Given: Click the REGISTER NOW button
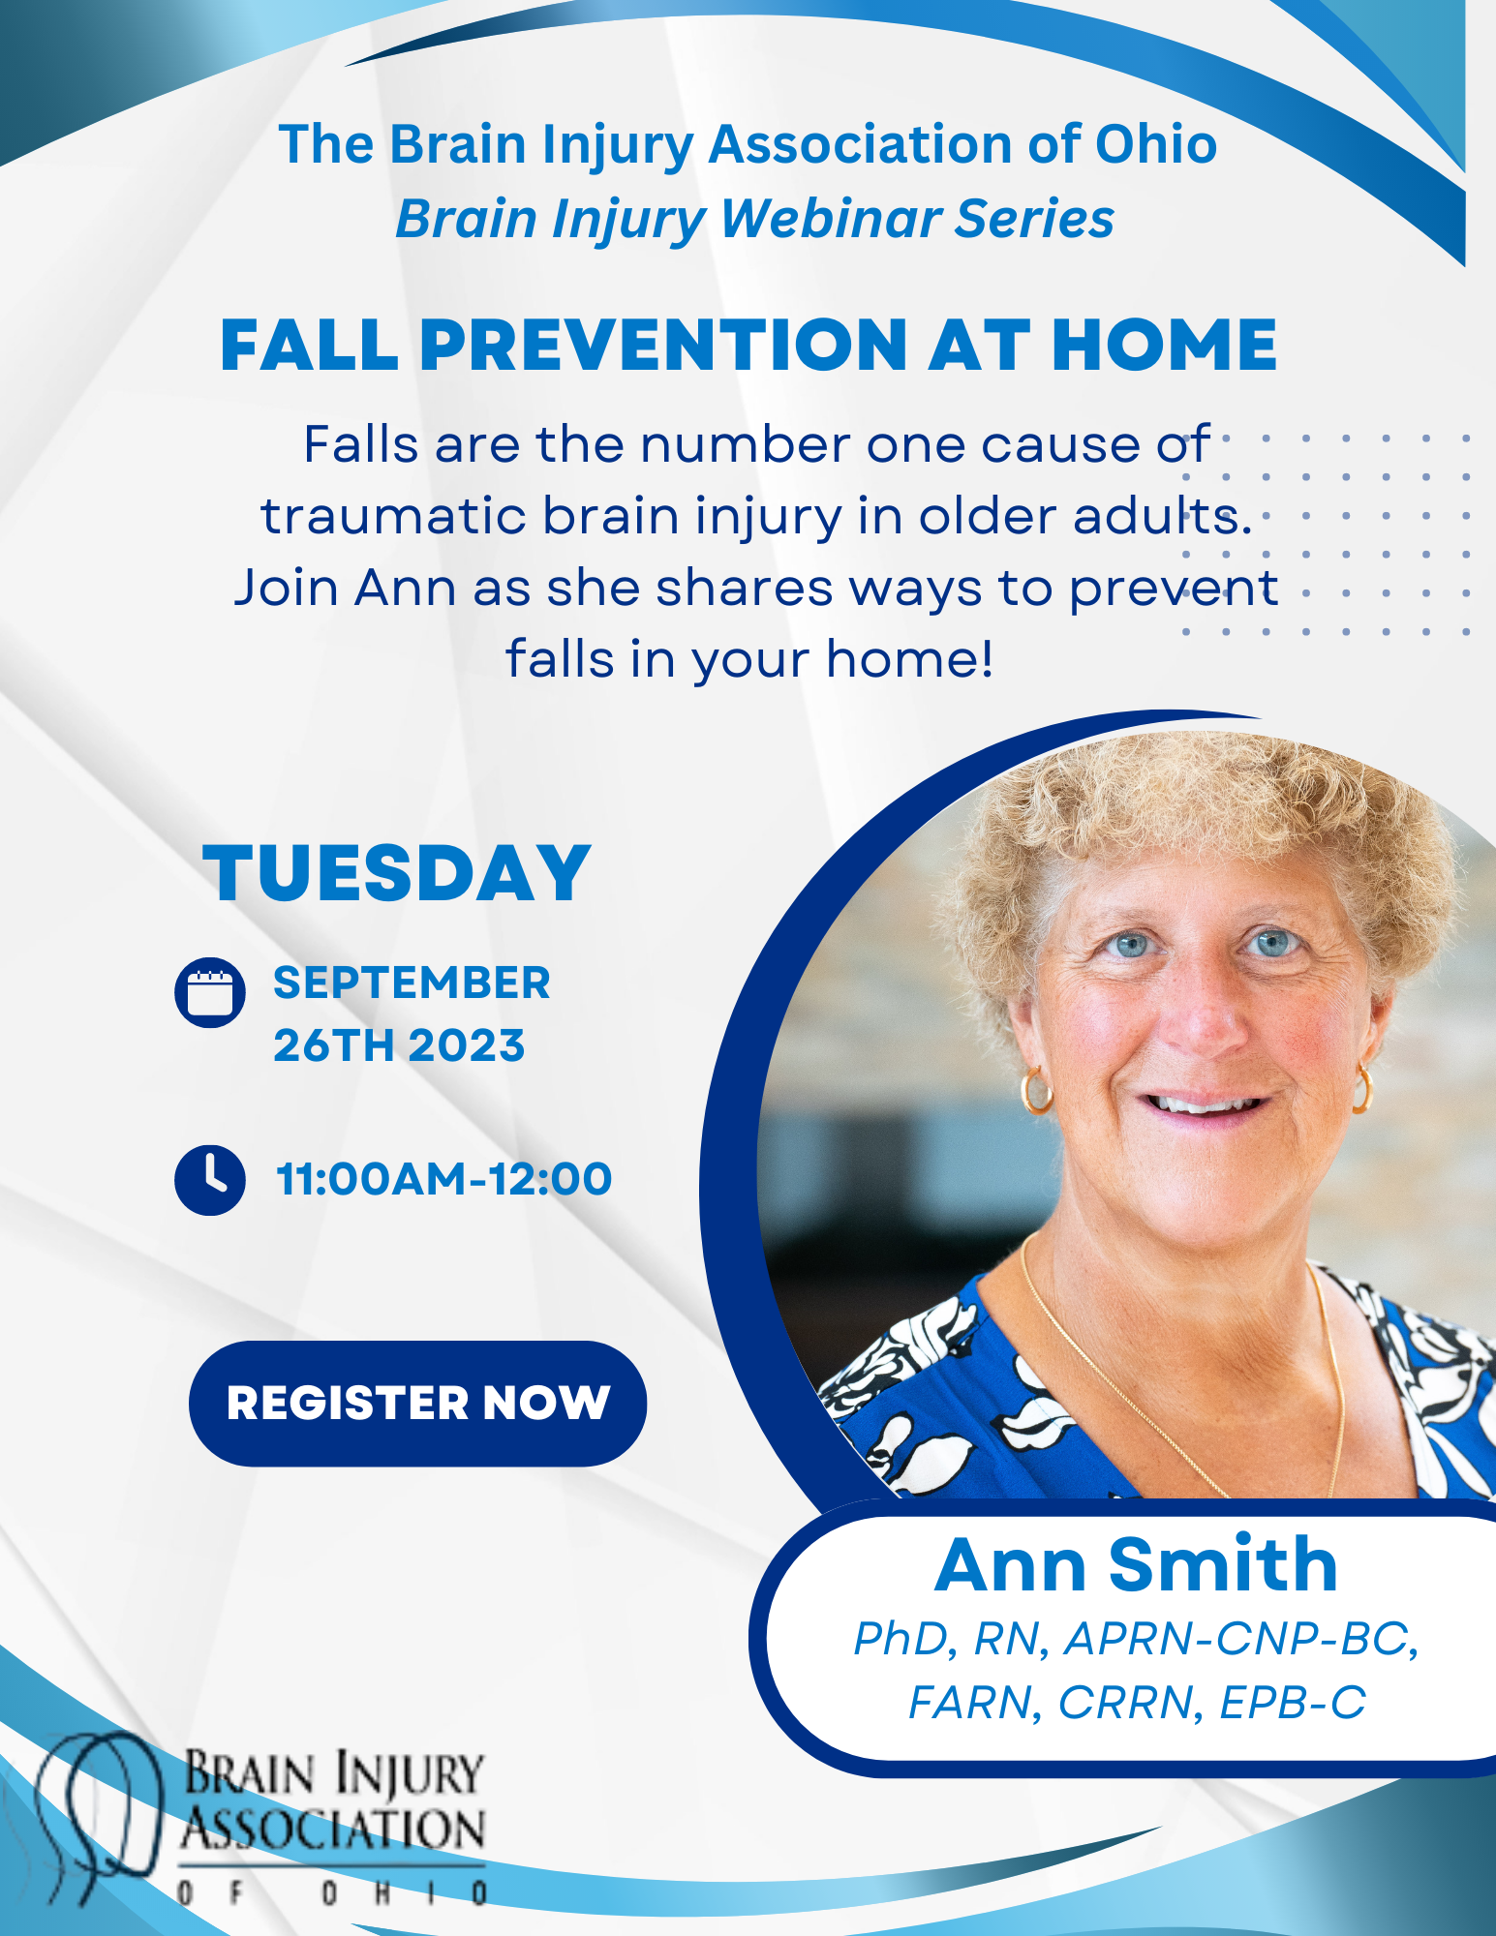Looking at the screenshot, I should click(x=417, y=1403).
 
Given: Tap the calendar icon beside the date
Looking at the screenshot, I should click(x=209, y=992).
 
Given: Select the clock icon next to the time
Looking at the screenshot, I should click(x=209, y=1180).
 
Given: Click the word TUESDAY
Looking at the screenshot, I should click(x=396, y=873).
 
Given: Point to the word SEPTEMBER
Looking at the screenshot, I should click(x=412, y=983).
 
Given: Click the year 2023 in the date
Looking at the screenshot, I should click(x=467, y=1045).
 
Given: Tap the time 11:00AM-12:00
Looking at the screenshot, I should click(x=443, y=1179).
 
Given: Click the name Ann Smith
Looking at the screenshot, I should click(x=1136, y=1565).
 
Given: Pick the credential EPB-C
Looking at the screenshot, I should click(x=1293, y=1703).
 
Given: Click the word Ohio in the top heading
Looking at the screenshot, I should click(x=1155, y=145).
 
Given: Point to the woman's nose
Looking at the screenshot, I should click(x=1202, y=1016).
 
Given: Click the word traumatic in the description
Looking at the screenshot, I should click(x=392, y=516).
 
